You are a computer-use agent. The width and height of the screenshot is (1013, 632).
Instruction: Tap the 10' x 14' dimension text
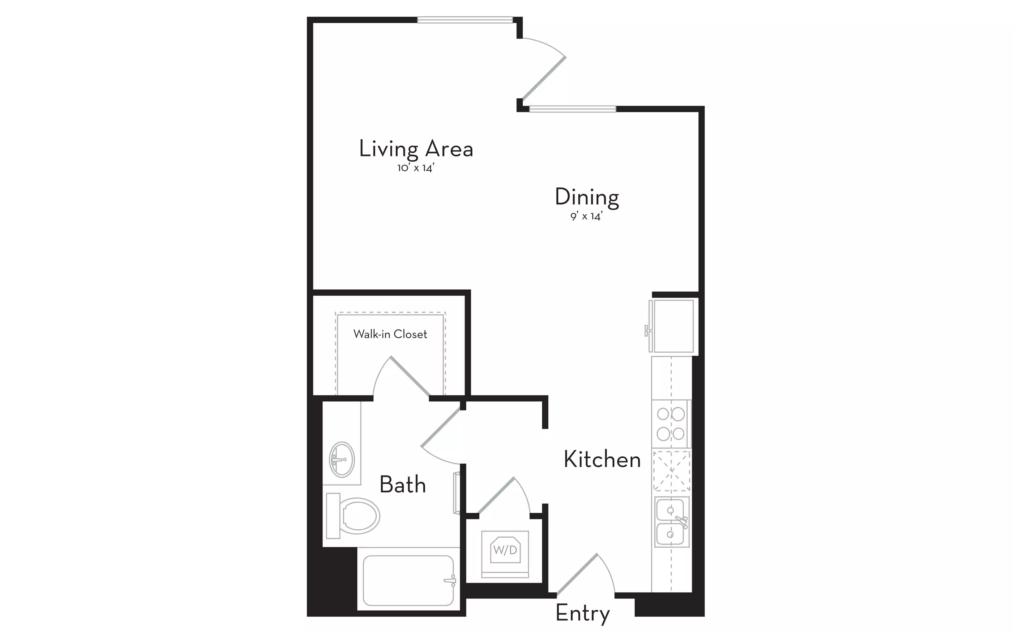pos(416,168)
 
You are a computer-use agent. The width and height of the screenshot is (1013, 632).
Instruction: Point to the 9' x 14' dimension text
pos(586,216)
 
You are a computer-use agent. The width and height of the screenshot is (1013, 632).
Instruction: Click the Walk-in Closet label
pos(390,334)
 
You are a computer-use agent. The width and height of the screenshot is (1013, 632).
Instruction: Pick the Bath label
pos(402,485)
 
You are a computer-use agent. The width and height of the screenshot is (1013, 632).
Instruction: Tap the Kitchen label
pos(602,459)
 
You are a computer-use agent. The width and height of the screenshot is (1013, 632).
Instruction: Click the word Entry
pos(583,613)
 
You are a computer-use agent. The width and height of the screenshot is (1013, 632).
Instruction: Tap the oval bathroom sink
pos(342,459)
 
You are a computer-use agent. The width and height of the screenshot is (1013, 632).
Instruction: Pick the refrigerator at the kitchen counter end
pos(672,326)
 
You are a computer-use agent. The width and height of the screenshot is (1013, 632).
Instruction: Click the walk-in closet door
pos(410,376)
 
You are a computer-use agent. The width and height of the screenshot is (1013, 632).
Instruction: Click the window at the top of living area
pos(465,20)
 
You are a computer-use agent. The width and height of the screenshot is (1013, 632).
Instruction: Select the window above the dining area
pos(572,109)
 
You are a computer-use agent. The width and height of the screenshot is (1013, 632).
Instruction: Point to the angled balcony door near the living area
pos(544,78)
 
